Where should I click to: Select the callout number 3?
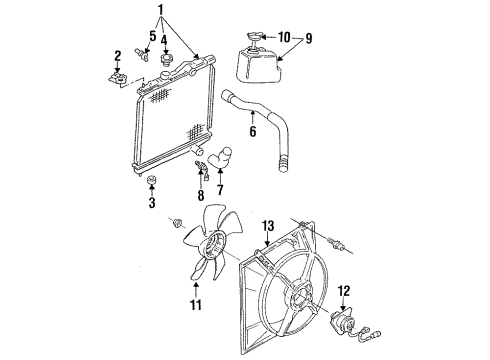coord(152,204)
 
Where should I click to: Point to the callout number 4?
coord(165,41)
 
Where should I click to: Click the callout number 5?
coord(152,37)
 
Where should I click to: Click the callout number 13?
coord(267,226)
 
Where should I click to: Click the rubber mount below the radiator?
coord(152,180)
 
